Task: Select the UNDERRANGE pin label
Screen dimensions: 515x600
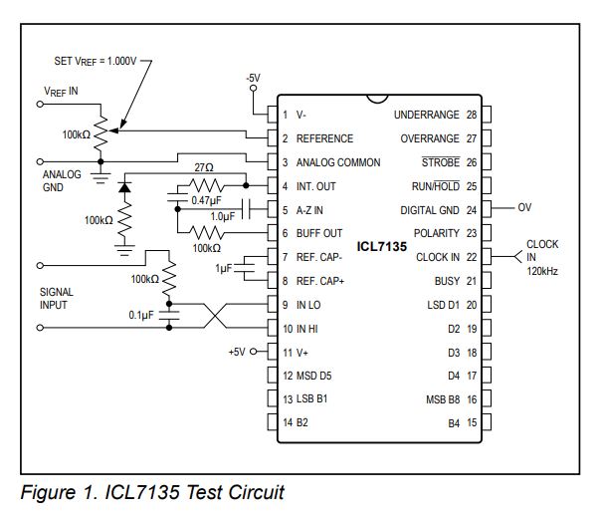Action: coord(427,115)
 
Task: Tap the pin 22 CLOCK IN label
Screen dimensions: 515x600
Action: coord(438,257)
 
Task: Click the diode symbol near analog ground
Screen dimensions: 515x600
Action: coord(125,187)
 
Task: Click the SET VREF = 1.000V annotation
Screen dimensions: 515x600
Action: coord(97,61)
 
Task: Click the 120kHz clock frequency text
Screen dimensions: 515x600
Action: coord(543,269)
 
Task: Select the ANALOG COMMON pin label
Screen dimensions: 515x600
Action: coord(337,162)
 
